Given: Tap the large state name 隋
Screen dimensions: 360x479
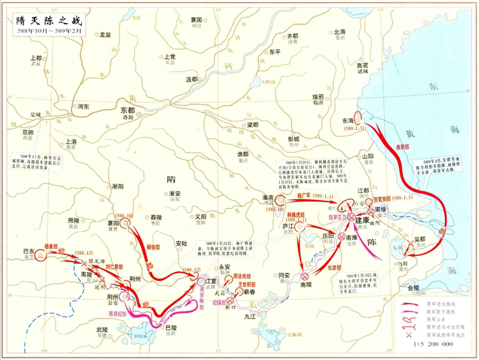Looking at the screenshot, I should pos(171,181).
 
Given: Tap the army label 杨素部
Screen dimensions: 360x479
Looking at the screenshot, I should pos(52,244).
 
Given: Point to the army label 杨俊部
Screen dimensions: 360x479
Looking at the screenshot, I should pos(154,246).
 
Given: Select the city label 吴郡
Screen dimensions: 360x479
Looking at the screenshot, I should pos(420,239).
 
